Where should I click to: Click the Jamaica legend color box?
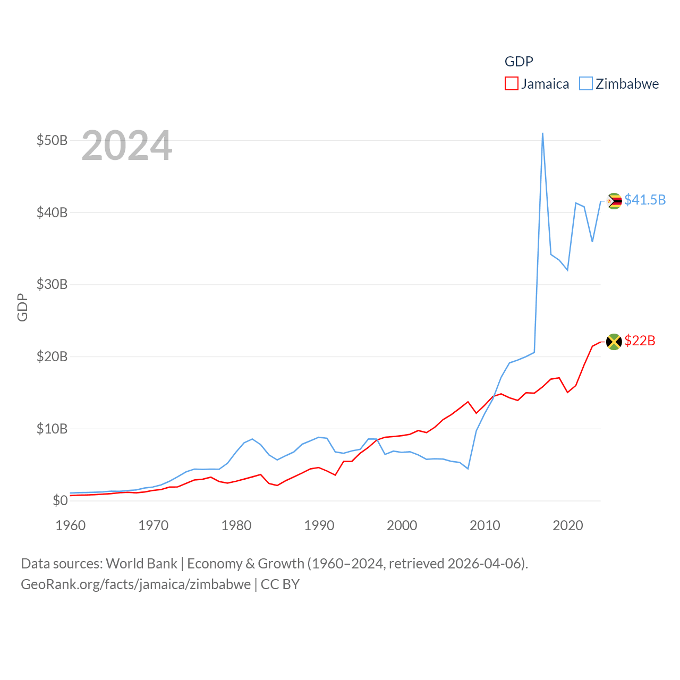[511, 84]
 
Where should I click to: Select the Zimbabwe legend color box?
[585, 84]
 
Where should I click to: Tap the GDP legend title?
[518, 62]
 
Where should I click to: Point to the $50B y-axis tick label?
[52, 140]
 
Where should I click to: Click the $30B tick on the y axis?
[52, 284]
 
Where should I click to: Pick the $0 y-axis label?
[60, 500]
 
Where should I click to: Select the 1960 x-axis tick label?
[71, 525]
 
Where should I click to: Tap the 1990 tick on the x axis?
[319, 525]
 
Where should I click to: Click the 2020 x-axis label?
[568, 525]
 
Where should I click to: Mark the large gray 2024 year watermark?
[126, 146]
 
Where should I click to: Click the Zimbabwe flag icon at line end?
[614, 201]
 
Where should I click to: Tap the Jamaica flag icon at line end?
[614, 342]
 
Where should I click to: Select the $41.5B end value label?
[645, 200]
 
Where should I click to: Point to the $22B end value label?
[640, 341]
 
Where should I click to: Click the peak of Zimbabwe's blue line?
[542, 133]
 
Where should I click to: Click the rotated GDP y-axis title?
[22, 307]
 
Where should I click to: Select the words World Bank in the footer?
[141, 563]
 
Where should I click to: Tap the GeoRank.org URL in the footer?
[135, 584]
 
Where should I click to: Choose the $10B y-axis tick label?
[52, 429]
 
